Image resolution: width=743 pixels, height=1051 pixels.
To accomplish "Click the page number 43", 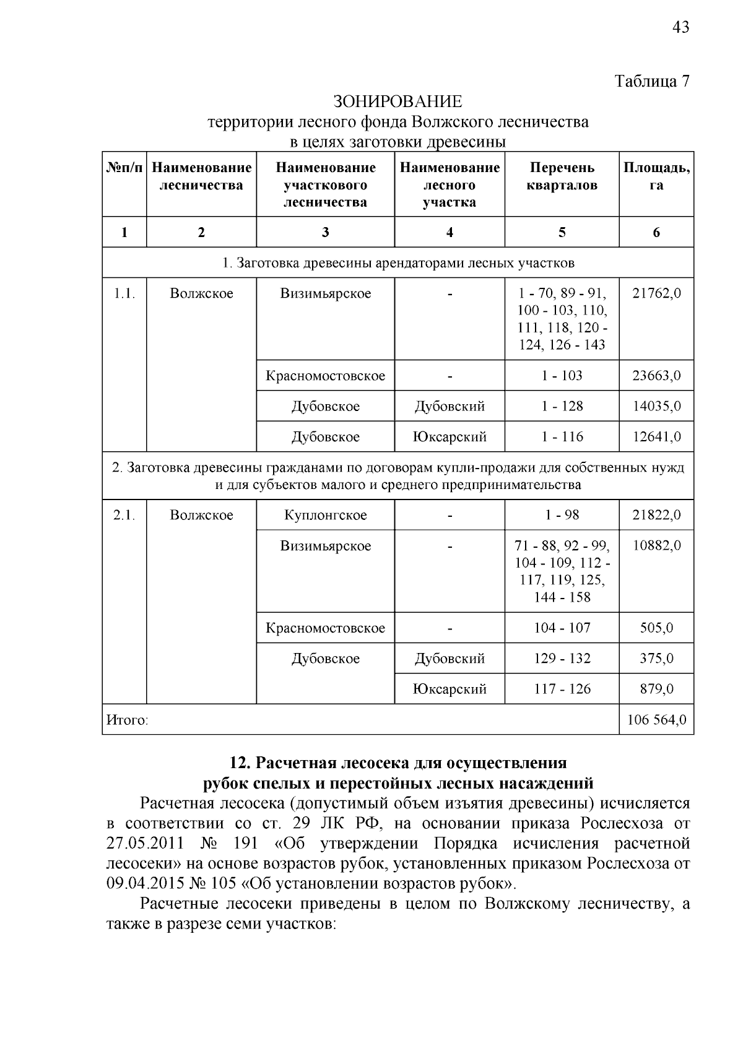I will coord(680,27).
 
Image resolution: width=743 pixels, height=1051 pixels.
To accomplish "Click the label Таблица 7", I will coord(651,81).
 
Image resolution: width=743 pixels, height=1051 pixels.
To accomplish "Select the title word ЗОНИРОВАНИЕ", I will coord(398,101).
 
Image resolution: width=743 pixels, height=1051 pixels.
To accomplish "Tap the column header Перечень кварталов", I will coord(562,176).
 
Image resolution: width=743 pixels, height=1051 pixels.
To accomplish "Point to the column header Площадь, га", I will coord(656,176).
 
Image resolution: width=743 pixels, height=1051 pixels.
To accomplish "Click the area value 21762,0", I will coord(656,293).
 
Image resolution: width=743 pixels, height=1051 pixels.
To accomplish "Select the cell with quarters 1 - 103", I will coord(562,376).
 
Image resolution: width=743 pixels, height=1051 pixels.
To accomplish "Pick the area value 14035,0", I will coord(656,407).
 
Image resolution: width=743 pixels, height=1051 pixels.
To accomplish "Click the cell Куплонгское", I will coord(325,516).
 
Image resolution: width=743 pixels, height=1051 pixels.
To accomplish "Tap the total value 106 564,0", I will coord(656,720).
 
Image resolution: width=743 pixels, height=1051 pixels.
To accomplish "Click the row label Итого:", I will coord(128,720).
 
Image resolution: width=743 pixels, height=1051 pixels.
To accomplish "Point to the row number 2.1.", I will coord(124,516).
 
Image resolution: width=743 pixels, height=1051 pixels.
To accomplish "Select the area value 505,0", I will coord(656,628).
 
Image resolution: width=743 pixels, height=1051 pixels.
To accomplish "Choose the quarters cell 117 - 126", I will coord(562,689).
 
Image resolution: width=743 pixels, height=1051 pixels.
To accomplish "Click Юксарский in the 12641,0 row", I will coord(450,437).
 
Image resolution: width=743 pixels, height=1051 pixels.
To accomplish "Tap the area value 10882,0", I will coord(656,546).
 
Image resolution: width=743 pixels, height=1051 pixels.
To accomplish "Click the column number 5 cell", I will coord(562,233).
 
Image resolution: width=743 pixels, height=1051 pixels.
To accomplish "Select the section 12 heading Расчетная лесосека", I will coord(398,762).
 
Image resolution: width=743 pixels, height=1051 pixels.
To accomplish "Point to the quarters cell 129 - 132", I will coord(562,659).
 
